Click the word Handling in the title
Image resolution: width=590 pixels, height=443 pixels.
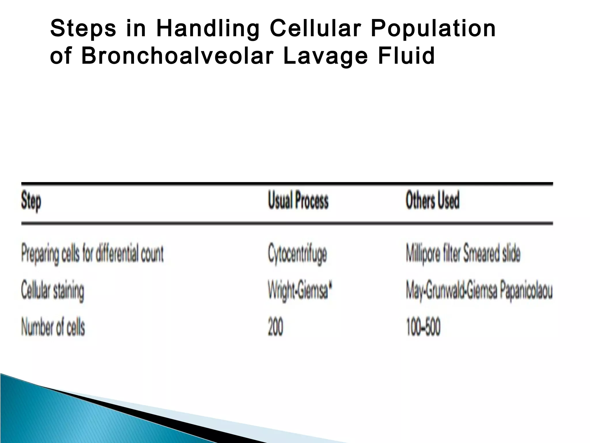[x=207, y=29]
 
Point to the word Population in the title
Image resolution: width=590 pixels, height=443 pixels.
[x=433, y=29]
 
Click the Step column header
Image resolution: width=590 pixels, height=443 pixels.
[x=31, y=201]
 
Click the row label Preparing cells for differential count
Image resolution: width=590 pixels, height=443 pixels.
[x=92, y=254]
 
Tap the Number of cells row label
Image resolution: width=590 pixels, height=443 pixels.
[x=53, y=327]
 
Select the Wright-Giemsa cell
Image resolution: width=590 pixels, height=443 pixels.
[x=298, y=291]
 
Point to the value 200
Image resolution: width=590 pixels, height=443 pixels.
[x=275, y=327]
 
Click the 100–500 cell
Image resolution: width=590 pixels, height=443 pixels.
[x=423, y=327]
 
